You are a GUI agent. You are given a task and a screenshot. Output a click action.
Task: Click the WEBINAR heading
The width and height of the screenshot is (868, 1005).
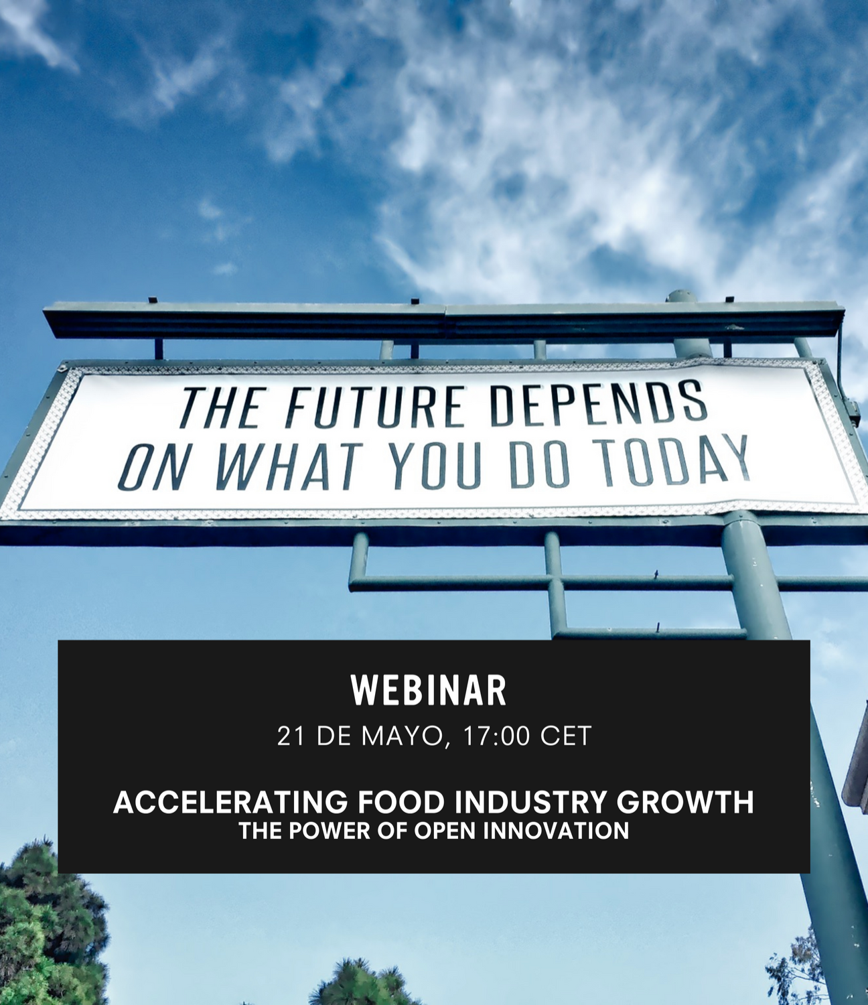click(429, 691)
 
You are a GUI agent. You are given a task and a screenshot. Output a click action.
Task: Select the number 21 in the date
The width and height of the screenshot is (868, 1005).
click(291, 736)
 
